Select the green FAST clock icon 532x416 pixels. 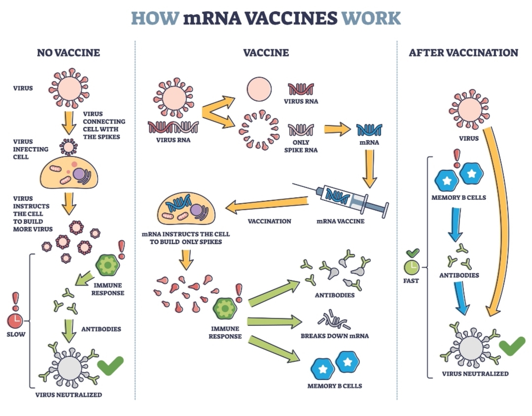(x=411, y=267)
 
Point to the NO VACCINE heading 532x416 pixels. (x=69, y=53)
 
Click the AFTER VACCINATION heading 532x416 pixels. (x=463, y=53)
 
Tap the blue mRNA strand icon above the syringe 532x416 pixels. (x=369, y=129)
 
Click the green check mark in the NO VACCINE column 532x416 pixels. (x=110, y=365)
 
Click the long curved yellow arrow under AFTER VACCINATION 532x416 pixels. (x=499, y=222)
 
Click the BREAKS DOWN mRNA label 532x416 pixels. (x=335, y=336)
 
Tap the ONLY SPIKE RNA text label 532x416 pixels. (x=301, y=146)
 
